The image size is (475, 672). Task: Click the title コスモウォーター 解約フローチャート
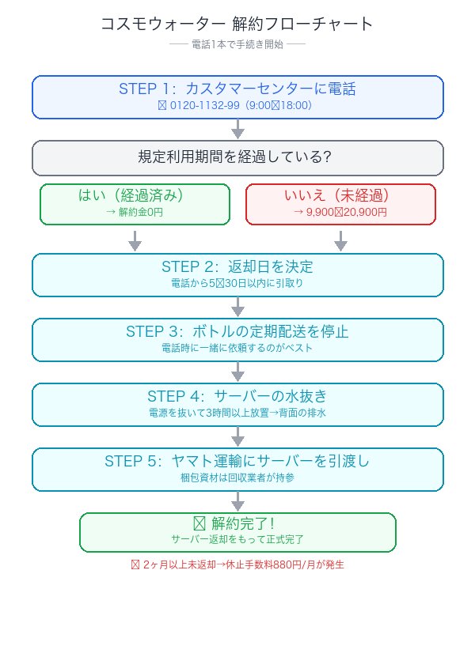(237, 24)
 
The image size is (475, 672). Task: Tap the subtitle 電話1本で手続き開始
(237, 44)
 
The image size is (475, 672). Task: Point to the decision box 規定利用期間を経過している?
(237, 157)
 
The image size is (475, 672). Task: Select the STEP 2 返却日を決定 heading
(237, 266)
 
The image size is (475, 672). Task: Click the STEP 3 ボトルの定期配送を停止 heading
(237, 331)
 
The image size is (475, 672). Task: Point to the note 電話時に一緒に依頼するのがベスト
(237, 348)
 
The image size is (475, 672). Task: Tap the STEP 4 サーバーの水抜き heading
(237, 396)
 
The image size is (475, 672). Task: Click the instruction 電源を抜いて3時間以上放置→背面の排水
(237, 413)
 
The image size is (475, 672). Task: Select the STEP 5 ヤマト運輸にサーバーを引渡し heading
(237, 461)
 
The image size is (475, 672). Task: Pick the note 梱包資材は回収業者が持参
(237, 478)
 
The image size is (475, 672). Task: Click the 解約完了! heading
(237, 523)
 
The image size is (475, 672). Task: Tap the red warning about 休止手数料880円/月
(237, 565)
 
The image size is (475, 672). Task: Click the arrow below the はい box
(135, 240)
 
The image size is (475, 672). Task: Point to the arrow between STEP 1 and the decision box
(237, 129)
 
